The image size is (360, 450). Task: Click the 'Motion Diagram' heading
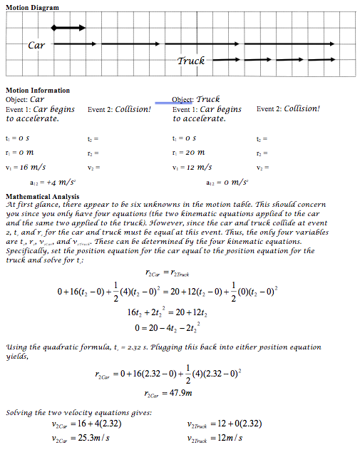[33, 6]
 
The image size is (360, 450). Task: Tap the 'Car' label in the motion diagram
[36, 45]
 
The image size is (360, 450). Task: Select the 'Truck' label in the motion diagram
[190, 61]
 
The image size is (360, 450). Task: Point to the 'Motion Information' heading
[38, 91]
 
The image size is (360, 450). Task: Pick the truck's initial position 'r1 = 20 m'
[194, 150]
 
